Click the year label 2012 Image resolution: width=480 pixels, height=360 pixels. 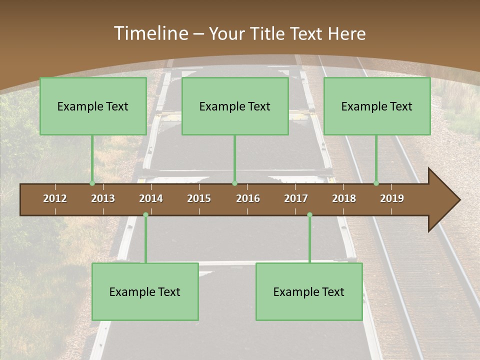[x=55, y=198]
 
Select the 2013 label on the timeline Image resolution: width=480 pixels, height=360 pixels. [x=103, y=198]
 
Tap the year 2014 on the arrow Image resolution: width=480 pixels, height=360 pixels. [x=151, y=198]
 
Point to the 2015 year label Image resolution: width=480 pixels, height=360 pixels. [x=199, y=198]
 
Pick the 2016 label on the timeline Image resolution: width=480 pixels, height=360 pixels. [x=248, y=198]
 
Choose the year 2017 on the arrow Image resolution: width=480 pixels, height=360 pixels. [x=296, y=198]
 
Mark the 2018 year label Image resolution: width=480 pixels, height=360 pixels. [x=344, y=198]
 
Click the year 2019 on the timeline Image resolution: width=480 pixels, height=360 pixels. [x=392, y=198]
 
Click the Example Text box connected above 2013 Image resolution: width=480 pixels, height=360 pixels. [x=93, y=106]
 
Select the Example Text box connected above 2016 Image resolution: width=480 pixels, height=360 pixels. [x=235, y=106]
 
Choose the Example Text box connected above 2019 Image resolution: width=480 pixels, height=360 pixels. [x=377, y=106]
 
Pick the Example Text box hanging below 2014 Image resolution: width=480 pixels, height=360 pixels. [x=145, y=292]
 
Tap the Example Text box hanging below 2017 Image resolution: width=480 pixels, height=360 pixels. [x=309, y=292]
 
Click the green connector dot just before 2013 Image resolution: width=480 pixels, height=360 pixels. [x=92, y=183]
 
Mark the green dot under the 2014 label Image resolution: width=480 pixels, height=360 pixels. [x=145, y=215]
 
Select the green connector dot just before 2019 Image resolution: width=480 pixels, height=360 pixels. [x=376, y=183]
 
